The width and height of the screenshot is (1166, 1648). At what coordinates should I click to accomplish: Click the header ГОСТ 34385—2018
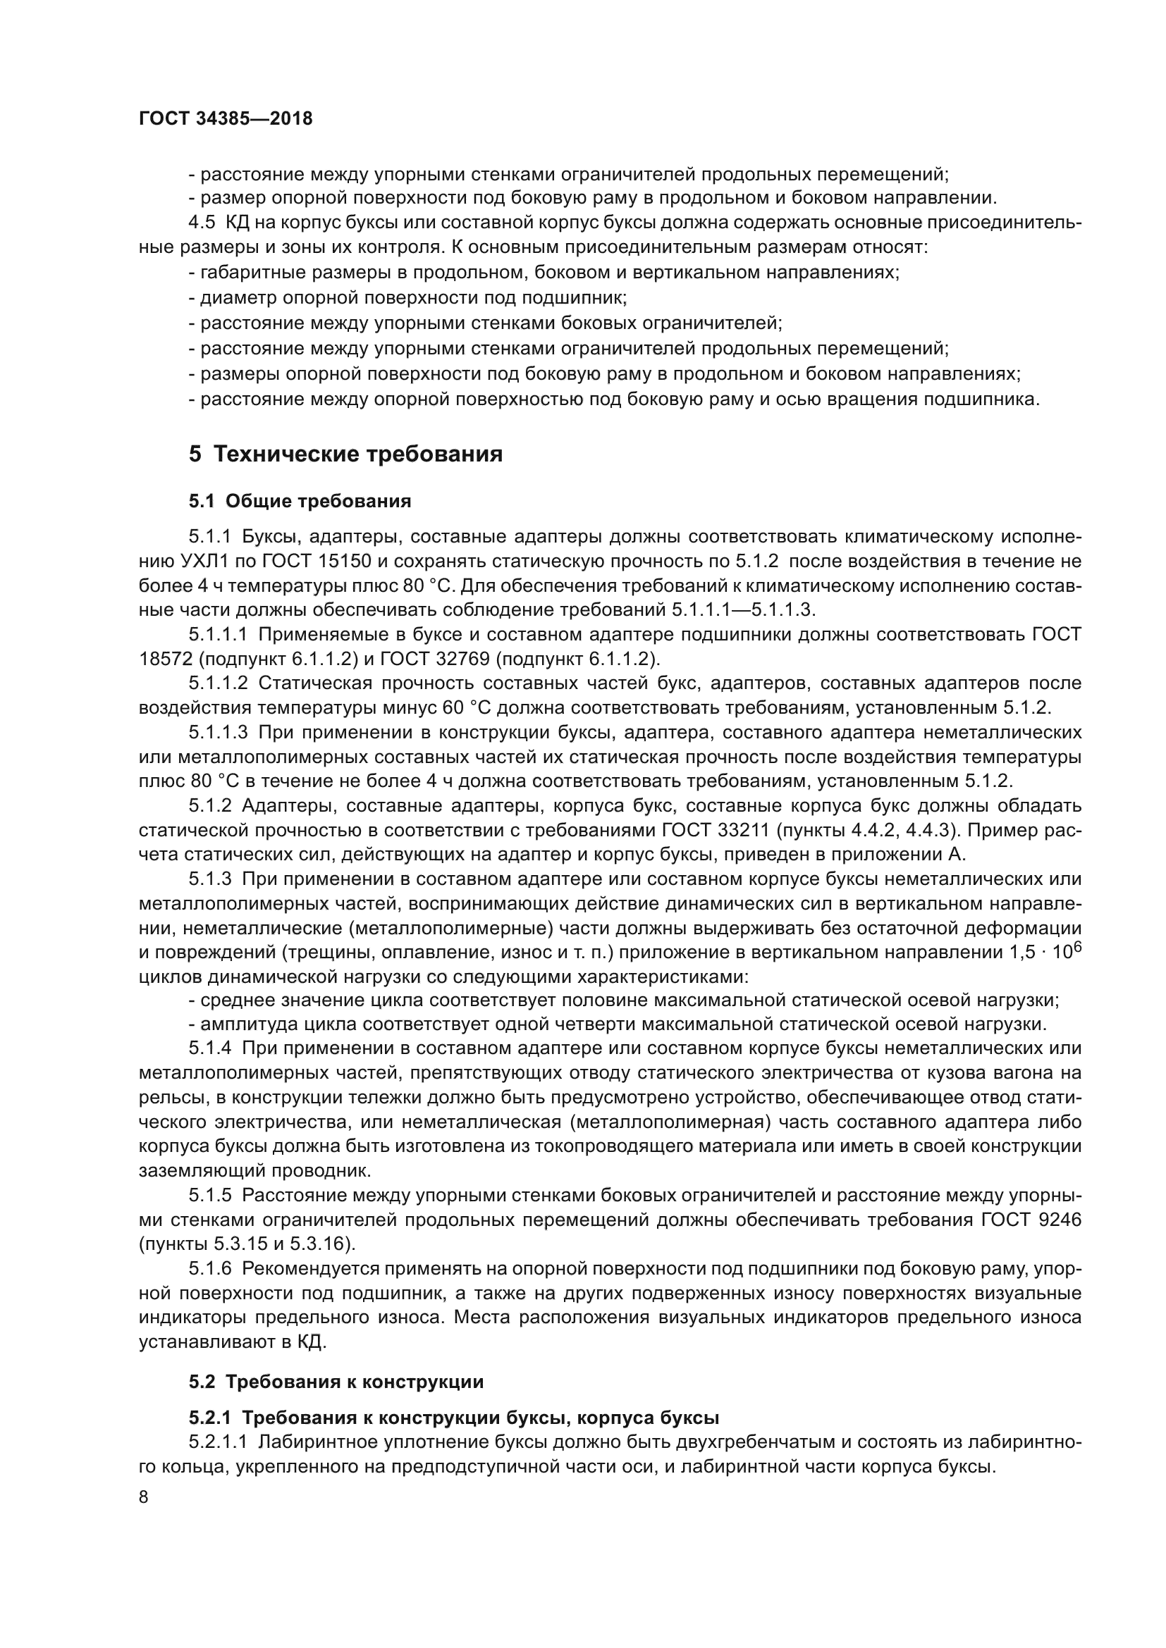click(x=226, y=119)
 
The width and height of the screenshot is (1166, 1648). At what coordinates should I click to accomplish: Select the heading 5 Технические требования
click(x=345, y=454)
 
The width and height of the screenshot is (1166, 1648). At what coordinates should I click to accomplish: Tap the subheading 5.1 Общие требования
click(x=300, y=501)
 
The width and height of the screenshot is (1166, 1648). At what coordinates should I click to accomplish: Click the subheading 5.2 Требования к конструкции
click(x=336, y=1382)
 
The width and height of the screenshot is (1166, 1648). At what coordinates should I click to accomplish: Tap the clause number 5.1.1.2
click(x=219, y=683)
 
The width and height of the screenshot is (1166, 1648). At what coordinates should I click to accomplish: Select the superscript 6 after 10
click(x=1077, y=946)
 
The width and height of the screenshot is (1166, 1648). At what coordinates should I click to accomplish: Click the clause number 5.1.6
click(x=210, y=1268)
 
